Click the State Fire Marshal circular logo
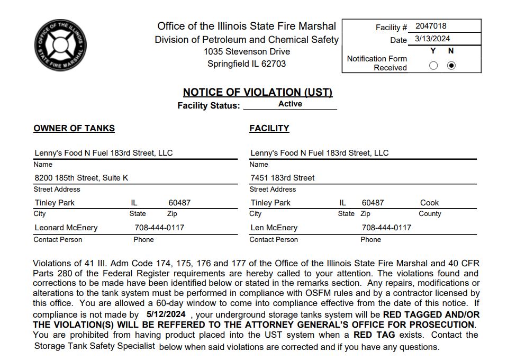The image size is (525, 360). click(60, 46)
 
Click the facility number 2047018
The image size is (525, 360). click(431, 26)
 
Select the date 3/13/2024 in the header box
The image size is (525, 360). click(432, 39)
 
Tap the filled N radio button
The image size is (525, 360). click(451, 66)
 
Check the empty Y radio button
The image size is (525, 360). click(433, 66)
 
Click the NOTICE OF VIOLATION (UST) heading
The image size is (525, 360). click(258, 92)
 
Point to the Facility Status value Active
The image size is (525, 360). click(290, 104)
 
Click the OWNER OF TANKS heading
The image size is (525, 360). click(74, 128)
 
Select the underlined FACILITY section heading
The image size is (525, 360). click(269, 128)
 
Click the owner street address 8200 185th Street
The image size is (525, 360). click(81, 178)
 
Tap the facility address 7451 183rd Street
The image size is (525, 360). click(283, 178)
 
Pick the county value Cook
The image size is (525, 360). click(429, 203)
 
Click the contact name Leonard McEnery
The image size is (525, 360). click(66, 228)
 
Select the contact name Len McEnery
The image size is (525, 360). click(274, 228)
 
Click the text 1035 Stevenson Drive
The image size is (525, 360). click(247, 51)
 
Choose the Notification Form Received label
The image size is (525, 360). click(377, 63)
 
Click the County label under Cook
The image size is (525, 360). click(430, 214)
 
